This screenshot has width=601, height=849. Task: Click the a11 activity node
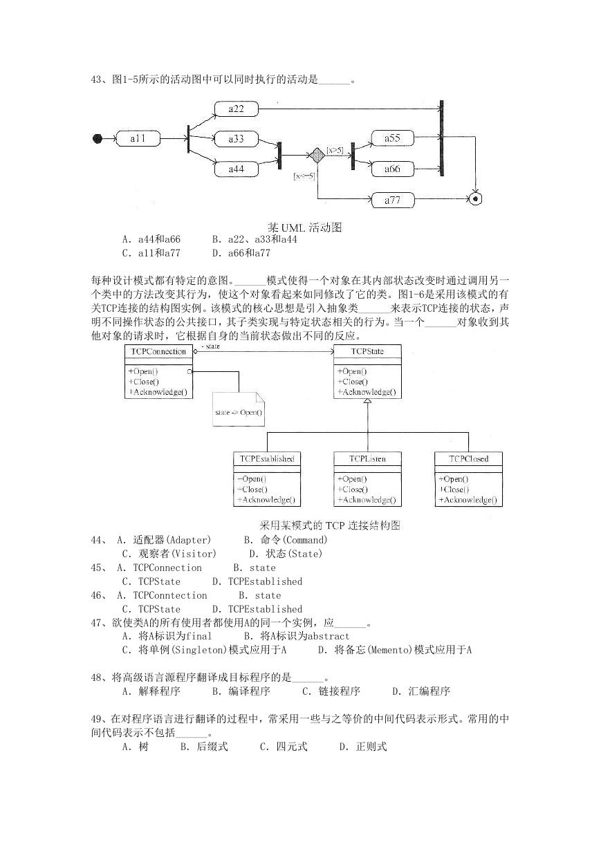(138, 139)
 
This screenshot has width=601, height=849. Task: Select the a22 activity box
(237, 109)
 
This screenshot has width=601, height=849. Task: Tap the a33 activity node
(237, 139)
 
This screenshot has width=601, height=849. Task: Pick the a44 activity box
(237, 169)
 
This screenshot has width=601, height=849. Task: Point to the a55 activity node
(392, 138)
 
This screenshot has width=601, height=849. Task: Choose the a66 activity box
(392, 169)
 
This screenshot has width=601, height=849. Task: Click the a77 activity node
(392, 200)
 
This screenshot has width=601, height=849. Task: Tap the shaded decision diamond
(317, 155)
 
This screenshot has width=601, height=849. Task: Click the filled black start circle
(98, 139)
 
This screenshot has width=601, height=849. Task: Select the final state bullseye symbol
(475, 198)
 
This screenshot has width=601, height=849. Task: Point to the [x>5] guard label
(335, 151)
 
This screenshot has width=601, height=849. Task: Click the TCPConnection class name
(158, 351)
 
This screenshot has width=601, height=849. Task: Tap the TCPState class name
(367, 351)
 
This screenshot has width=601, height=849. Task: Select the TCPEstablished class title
(267, 459)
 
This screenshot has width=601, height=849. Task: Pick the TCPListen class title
(367, 459)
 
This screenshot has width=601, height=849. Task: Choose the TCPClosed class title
(469, 459)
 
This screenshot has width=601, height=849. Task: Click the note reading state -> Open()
(239, 409)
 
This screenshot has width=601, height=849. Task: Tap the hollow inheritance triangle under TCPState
(367, 401)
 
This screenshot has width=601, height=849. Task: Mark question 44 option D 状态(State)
(286, 554)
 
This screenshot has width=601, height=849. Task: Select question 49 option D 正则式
(363, 747)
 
